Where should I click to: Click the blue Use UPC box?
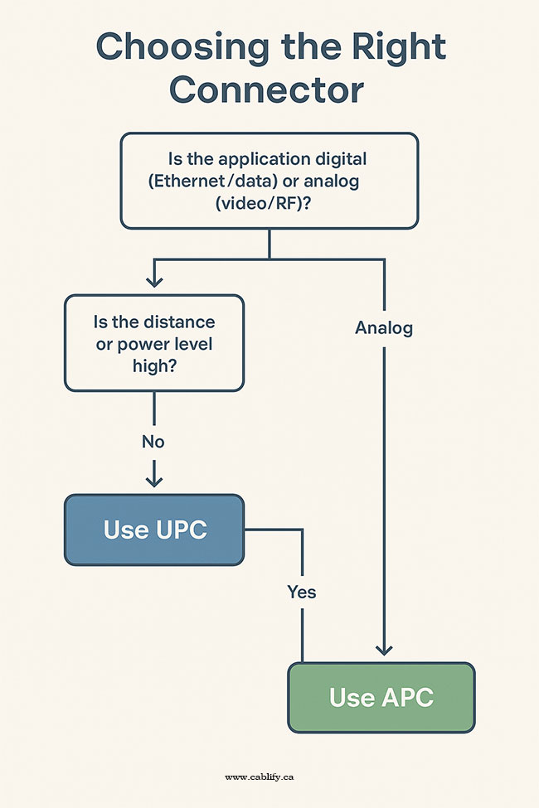coord(154,530)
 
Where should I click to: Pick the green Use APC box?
coord(381,697)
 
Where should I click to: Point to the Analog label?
coord(384,328)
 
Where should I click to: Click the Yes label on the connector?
coord(302,592)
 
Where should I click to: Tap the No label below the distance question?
coord(153,442)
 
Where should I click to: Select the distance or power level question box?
coord(154,342)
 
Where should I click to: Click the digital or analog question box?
coord(269,181)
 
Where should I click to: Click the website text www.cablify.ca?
coord(260,777)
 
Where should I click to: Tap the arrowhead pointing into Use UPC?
coord(153,481)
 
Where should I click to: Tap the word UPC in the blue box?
coord(181,530)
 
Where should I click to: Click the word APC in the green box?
coord(407,697)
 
